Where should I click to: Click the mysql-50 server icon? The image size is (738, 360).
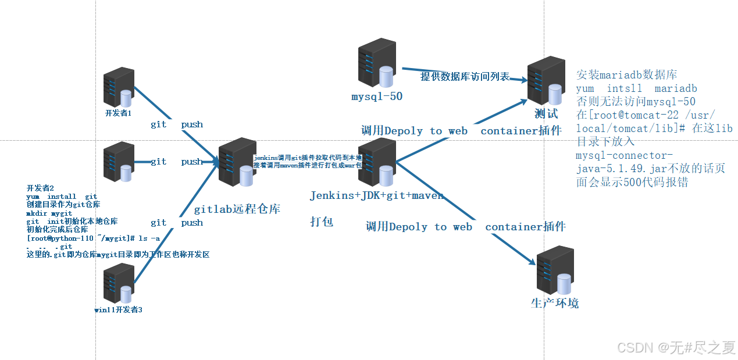(377, 63)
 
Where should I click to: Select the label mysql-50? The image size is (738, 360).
(377, 97)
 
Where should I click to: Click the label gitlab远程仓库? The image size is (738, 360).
(237, 208)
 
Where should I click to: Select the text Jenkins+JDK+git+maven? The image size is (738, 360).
(376, 195)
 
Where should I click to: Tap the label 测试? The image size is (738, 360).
(546, 113)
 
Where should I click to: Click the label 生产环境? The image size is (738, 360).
(555, 303)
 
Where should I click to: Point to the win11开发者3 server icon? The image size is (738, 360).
(119, 283)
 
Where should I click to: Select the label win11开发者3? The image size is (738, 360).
(118, 310)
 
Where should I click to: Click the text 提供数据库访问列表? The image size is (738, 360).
(465, 77)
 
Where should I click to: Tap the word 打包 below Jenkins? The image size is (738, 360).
(322, 222)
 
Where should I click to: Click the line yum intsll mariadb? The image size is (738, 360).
(636, 88)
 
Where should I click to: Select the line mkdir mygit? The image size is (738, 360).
(49, 213)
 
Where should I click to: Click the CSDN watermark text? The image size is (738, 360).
(676, 348)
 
